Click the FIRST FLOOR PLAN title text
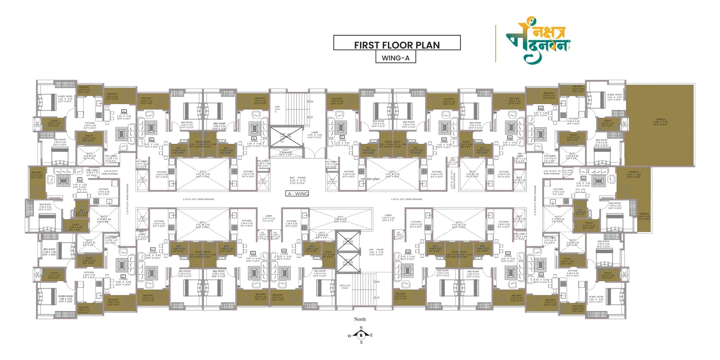397,45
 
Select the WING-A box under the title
395,58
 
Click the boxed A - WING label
298,193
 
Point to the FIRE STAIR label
277,109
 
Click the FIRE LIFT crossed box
286,137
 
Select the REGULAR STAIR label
345,287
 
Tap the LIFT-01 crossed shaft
348,241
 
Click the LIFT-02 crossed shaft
348,262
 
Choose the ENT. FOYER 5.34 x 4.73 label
297,180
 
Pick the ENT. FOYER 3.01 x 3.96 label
376,252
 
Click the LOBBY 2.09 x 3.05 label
315,135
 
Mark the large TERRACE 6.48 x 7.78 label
660,122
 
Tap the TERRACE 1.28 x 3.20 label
644,216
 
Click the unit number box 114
123,111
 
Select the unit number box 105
583,178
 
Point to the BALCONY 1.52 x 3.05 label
37,175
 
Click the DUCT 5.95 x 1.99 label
340,219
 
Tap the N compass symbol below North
361,335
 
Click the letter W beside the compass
349,336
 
